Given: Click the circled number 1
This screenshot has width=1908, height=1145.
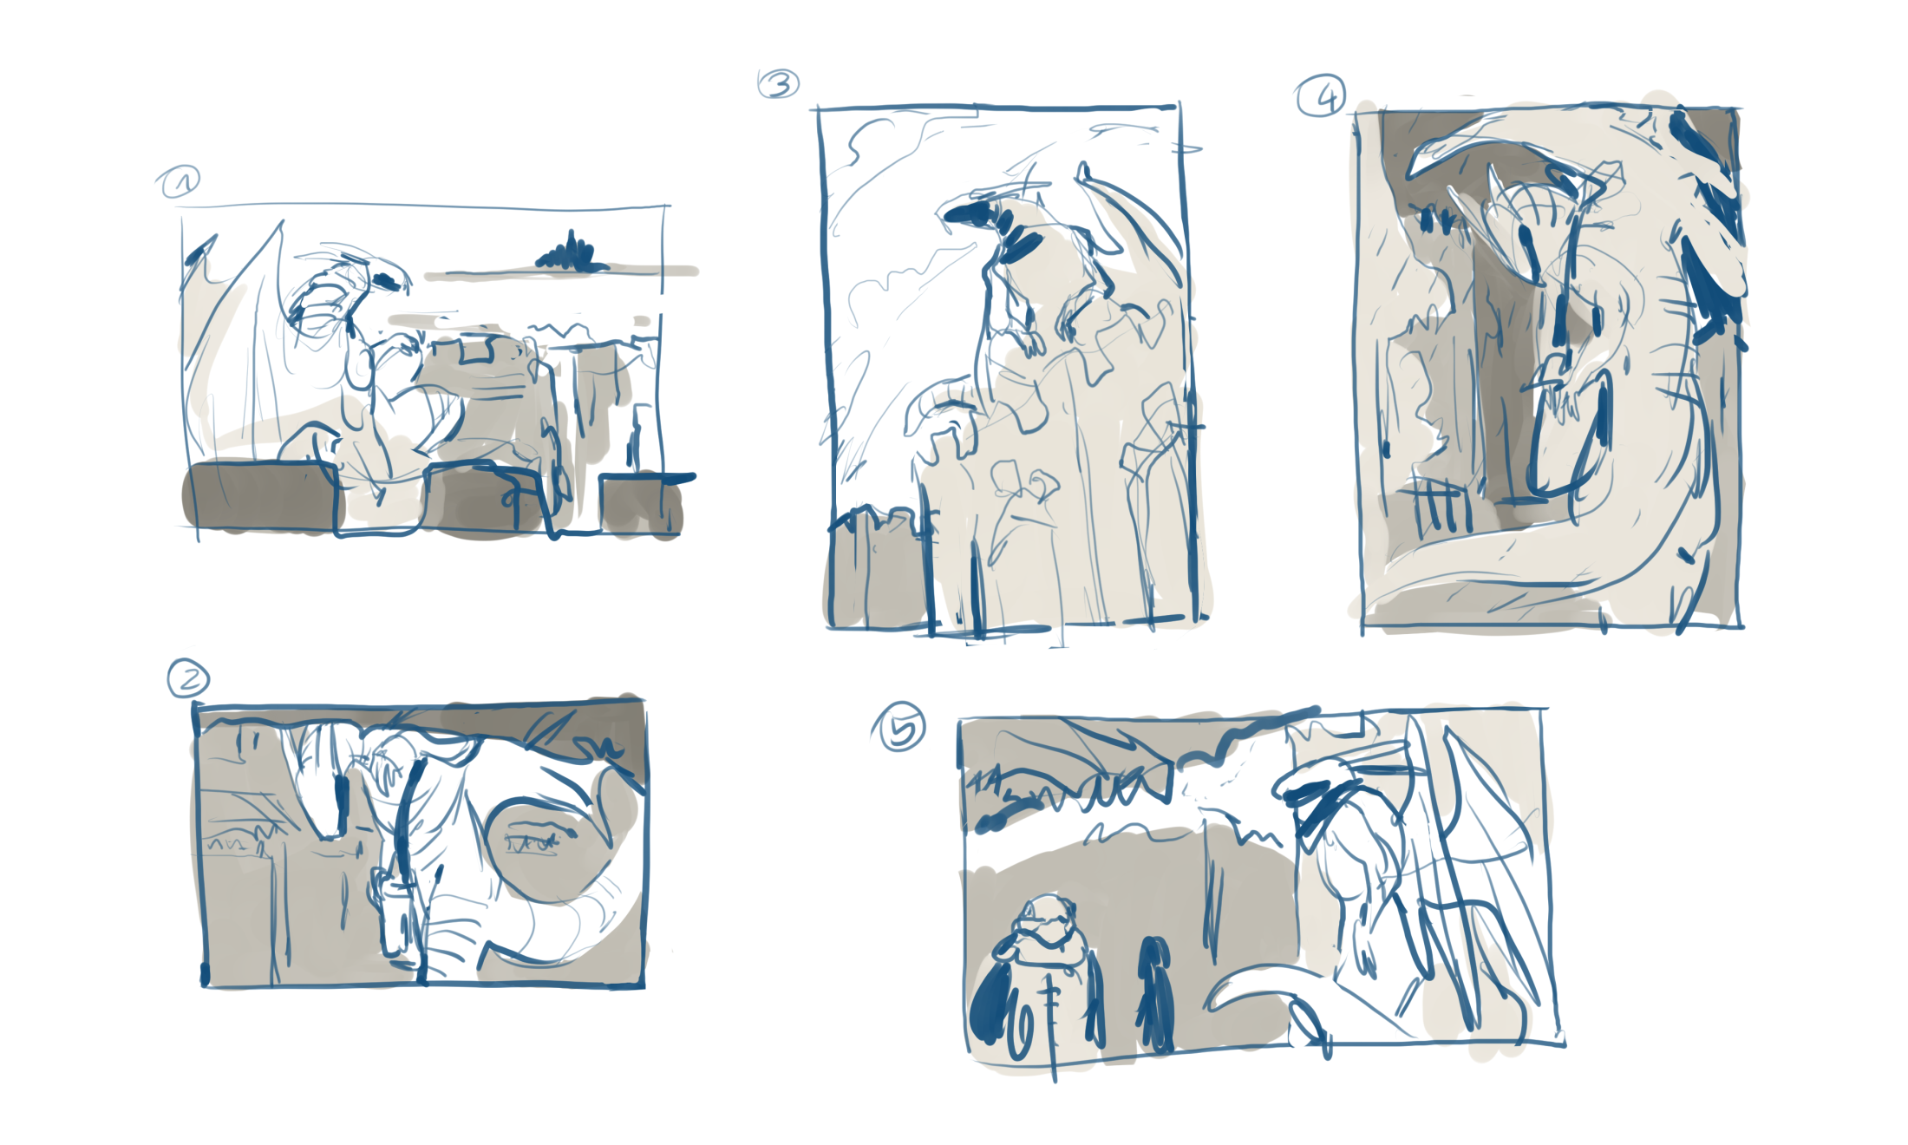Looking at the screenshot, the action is click(179, 182).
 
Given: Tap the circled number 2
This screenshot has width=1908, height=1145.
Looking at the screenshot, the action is click(188, 678).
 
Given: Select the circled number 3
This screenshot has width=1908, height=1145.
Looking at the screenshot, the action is click(778, 84).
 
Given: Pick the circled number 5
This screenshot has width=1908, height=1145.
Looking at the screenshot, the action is click(899, 726).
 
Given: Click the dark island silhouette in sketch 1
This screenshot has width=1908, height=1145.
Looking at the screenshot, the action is click(571, 254).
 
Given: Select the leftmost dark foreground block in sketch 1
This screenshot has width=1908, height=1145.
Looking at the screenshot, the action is click(260, 497).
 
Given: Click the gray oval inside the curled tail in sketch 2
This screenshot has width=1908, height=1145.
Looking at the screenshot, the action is click(546, 850).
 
